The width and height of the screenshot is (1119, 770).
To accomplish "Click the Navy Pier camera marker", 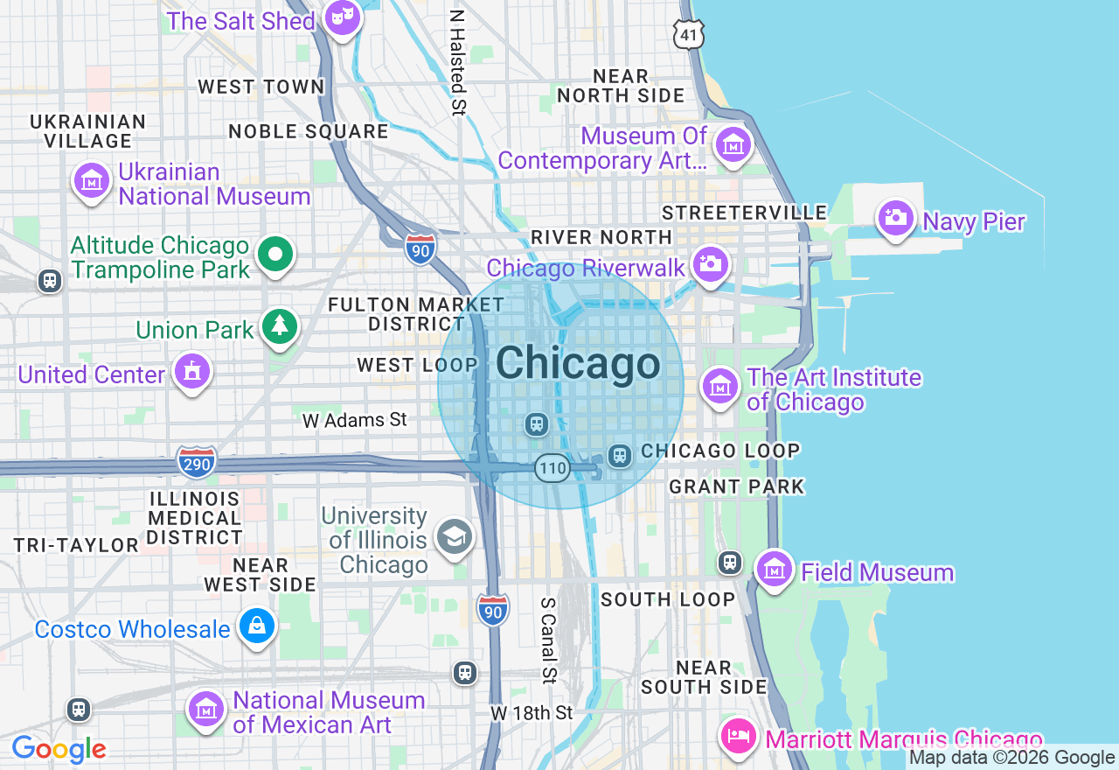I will [x=895, y=217].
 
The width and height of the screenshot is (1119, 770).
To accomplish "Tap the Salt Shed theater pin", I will [x=342, y=17].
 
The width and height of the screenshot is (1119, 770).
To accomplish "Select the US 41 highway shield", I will [x=689, y=34].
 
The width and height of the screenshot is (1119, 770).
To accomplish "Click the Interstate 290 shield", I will [x=197, y=462].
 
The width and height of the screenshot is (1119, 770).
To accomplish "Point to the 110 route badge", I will [x=553, y=468].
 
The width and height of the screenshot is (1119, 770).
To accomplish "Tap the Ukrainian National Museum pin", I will [x=92, y=181].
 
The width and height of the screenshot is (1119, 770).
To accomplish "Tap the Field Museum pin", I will [x=774, y=570].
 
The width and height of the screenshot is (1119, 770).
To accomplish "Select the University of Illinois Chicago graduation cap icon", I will [x=455, y=537].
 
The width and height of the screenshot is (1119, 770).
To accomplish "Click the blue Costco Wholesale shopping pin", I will [x=257, y=626].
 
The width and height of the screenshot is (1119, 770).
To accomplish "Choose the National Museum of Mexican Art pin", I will [x=206, y=710].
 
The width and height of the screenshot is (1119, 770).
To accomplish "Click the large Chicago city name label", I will [x=578, y=363].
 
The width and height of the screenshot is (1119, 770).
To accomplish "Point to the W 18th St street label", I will [x=532, y=713].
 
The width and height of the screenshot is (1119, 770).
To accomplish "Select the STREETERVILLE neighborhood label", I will [x=744, y=213].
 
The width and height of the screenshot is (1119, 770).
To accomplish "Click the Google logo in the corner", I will [x=59, y=750].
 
